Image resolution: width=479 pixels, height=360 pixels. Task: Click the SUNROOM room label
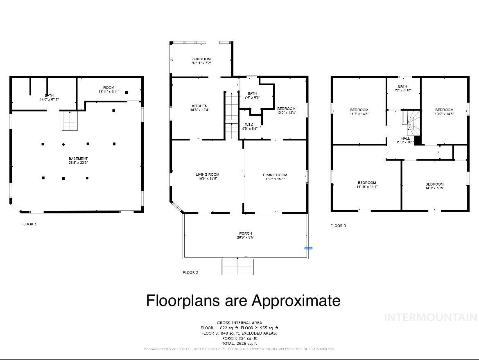[201, 59]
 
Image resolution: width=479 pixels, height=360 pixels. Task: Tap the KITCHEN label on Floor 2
[200, 106]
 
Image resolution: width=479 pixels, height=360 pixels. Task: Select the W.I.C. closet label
[250, 125]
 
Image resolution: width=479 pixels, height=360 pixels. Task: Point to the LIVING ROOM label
[208, 174]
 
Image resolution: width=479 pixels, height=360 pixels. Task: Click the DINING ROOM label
[275, 175]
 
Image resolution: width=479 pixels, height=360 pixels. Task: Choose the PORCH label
[245, 233]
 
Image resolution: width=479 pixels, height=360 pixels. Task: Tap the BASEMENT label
[78, 158]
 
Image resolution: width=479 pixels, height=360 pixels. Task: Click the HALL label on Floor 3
[405, 138]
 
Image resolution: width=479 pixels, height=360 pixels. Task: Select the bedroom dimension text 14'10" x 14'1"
[367, 187]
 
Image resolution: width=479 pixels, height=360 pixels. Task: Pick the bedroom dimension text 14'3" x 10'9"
[434, 188]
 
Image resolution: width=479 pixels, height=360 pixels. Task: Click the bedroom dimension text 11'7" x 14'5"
[359, 114]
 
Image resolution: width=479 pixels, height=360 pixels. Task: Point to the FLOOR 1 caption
[29, 224]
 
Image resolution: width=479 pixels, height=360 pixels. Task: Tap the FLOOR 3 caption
[338, 226]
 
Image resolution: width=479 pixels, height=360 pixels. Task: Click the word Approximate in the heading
[296, 301]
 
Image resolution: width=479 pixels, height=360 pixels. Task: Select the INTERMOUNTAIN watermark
[430, 317]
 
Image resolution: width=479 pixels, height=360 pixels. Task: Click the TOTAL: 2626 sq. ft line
[239, 343]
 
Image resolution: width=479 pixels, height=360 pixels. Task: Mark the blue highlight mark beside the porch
[308, 248]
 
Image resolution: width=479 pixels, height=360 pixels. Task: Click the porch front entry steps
[237, 267]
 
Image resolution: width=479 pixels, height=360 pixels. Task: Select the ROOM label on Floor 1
[108, 88]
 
